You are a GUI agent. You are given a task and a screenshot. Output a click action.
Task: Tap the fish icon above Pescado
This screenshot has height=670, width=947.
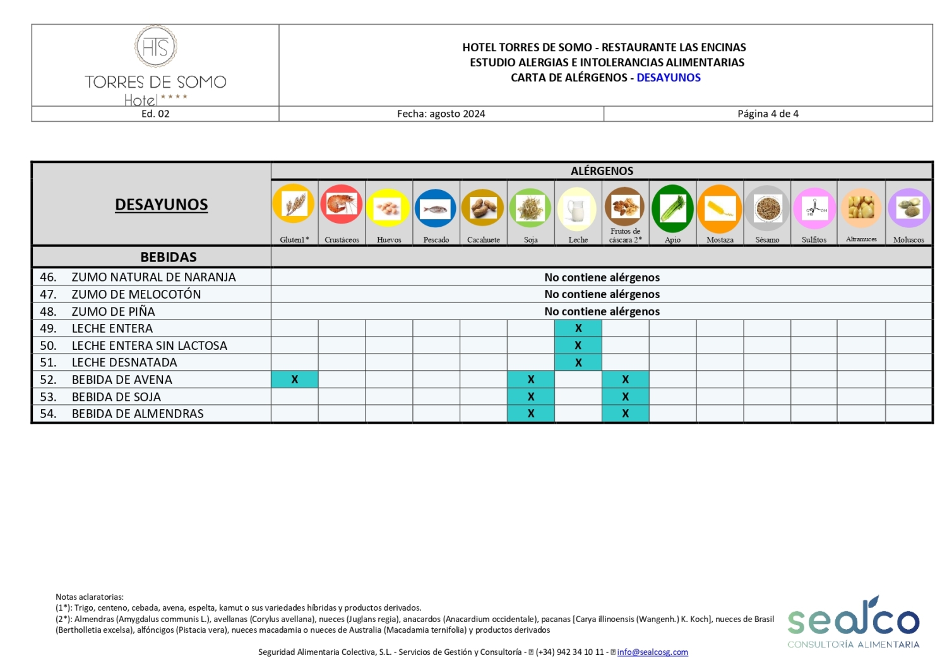(436, 208)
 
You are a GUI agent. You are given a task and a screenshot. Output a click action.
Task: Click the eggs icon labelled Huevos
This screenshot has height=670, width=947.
(388, 208)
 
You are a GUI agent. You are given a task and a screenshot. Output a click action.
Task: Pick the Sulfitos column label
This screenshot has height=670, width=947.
(814, 240)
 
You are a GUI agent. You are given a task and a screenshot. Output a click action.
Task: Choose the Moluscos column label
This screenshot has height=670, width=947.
(908, 240)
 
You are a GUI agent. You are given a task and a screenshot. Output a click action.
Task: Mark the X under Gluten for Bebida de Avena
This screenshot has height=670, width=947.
(295, 380)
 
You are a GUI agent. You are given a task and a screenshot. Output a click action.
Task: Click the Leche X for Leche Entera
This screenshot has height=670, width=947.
(578, 328)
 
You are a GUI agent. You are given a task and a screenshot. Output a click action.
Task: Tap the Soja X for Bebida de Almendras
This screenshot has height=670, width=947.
(531, 414)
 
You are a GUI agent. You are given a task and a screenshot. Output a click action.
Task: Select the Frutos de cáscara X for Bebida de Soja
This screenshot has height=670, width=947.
(625, 397)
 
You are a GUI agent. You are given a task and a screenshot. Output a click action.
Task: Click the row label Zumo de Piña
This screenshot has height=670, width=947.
(114, 311)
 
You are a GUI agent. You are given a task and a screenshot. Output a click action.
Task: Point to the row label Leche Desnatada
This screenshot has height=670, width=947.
(124, 362)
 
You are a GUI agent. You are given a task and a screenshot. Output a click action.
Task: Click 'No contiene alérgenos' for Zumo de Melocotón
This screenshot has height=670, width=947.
(602, 294)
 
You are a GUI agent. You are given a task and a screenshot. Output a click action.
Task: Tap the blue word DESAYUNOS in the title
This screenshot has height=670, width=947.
(669, 78)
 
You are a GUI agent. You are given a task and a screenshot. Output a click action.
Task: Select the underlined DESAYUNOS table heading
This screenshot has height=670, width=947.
(161, 205)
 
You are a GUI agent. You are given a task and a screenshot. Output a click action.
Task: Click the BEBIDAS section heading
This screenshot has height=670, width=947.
(169, 257)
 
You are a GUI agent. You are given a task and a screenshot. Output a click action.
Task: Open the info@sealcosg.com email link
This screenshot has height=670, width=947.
(652, 652)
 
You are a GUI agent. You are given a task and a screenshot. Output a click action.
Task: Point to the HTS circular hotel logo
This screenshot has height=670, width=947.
(155, 47)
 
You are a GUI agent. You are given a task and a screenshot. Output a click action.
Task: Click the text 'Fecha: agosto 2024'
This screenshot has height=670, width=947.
(441, 114)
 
